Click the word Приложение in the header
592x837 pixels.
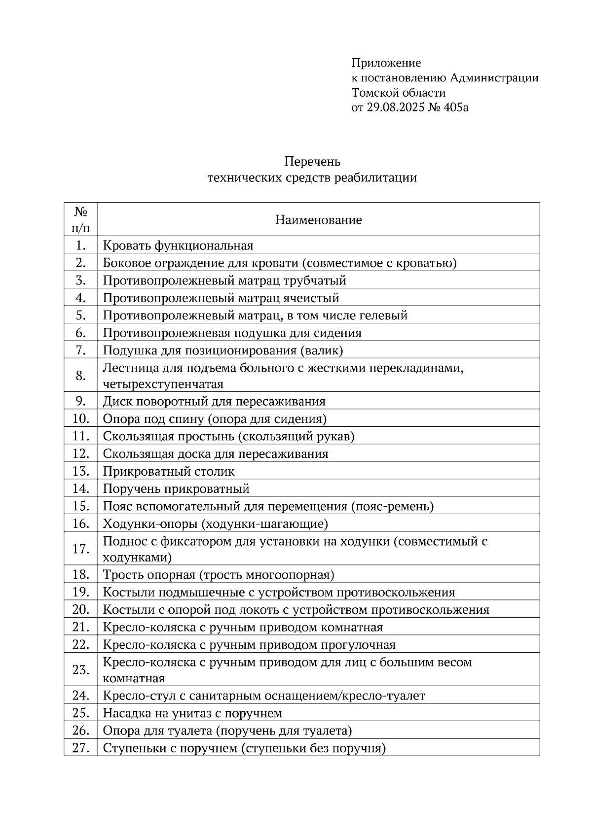(x=386, y=63)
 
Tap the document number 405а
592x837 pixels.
(x=455, y=107)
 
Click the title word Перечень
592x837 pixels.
(x=312, y=162)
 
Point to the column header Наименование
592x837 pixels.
(x=318, y=220)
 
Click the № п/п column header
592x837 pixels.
(x=81, y=220)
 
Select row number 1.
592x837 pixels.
(x=81, y=245)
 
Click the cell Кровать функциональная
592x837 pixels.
(x=178, y=245)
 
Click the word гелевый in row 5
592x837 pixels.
(x=383, y=315)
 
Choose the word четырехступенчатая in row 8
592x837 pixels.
(x=163, y=384)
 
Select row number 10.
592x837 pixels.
(x=81, y=419)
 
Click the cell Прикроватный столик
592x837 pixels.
(x=169, y=471)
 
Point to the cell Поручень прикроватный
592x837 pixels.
(x=176, y=489)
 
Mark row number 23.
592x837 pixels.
(x=81, y=670)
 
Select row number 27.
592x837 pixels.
(x=81, y=748)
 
